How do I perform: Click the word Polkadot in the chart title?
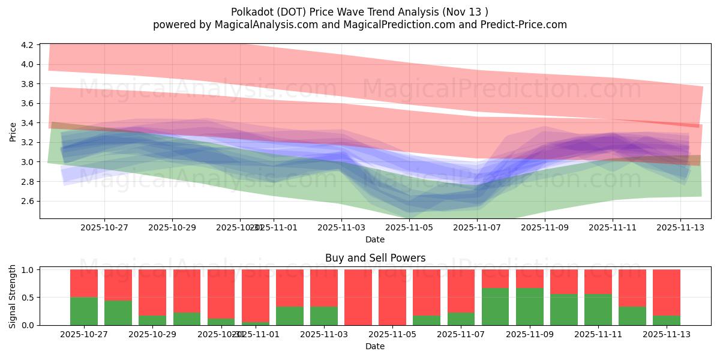(x=251, y=12)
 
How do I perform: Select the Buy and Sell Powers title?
(x=375, y=258)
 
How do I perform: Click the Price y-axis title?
(x=13, y=131)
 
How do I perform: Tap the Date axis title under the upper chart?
(x=375, y=239)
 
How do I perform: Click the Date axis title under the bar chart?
(x=375, y=346)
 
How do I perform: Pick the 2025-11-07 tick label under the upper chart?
(x=477, y=227)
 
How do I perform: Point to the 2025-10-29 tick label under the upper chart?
(x=172, y=227)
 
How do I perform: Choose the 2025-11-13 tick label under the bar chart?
(x=667, y=335)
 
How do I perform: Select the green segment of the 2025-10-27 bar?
(x=84, y=311)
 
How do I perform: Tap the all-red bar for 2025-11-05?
(x=392, y=297)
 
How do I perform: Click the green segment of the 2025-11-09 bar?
(x=529, y=307)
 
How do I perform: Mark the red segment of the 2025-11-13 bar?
(x=667, y=292)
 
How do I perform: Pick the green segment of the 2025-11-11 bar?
(x=598, y=310)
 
